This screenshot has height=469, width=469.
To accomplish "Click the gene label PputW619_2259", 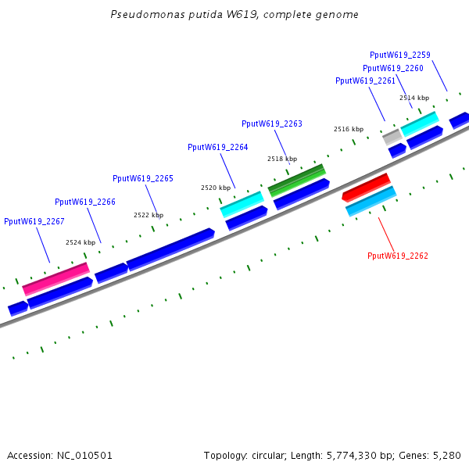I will click(x=399, y=55).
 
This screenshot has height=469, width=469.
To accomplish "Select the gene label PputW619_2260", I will click(x=392, y=68).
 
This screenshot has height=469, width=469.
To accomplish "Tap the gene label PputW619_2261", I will click(x=365, y=81).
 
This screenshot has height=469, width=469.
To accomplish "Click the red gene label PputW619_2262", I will click(x=398, y=256).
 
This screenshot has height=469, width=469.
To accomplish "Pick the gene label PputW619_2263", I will click(x=271, y=124).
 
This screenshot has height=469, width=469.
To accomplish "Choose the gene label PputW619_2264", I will click(x=217, y=147).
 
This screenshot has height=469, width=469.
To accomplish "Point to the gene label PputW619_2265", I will click(x=143, y=178).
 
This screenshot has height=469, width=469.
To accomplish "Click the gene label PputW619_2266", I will click(x=84, y=202).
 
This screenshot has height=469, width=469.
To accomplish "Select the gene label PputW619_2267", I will click(x=34, y=221).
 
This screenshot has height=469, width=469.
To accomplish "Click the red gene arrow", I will click(x=367, y=187).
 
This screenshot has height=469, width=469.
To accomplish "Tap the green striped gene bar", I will click(x=297, y=180).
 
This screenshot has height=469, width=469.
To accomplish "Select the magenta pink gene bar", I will click(x=55, y=279).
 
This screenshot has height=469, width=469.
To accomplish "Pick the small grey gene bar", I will click(x=392, y=136).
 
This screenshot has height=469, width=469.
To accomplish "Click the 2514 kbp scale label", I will click(x=414, y=98).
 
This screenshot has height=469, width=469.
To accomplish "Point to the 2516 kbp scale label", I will click(x=349, y=129).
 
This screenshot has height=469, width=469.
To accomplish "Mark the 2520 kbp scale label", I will click(x=216, y=188).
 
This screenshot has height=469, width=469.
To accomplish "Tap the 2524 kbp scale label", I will click(x=81, y=242).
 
